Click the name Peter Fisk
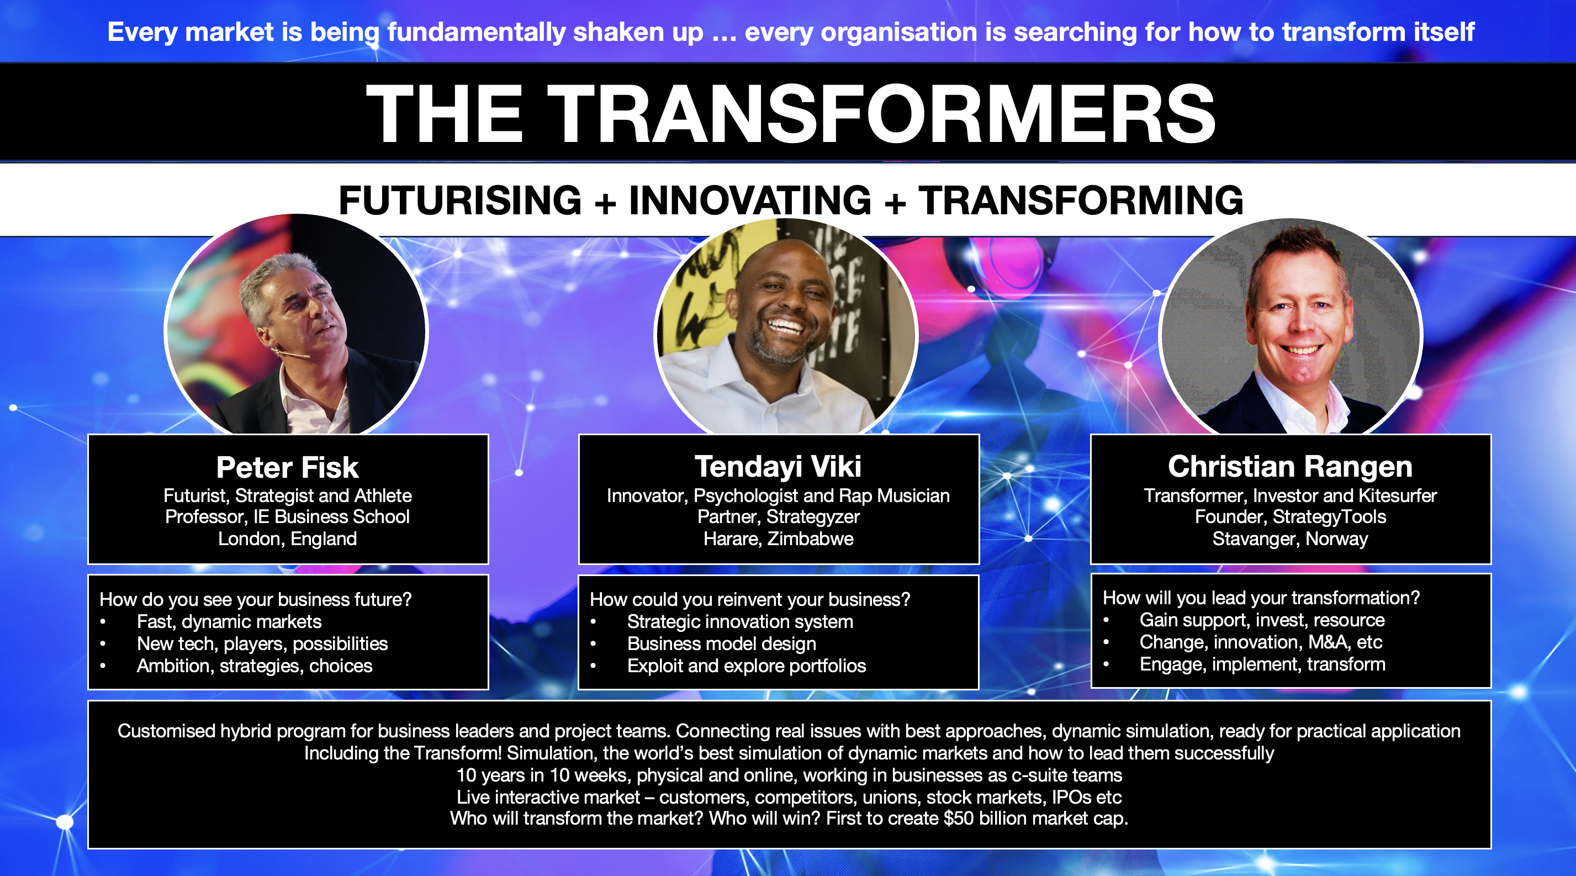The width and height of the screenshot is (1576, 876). [288, 467]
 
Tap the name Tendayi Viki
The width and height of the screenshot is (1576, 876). [778, 466]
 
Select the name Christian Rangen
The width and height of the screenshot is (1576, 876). [1291, 466]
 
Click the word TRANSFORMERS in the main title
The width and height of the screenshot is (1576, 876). [881, 114]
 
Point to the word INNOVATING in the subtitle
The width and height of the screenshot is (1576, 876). [750, 200]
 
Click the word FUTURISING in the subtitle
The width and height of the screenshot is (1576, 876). [459, 200]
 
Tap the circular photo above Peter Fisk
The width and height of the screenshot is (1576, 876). [296, 324]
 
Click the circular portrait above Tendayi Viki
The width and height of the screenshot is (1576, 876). [786, 328]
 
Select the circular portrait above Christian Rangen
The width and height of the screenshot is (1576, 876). [1291, 328]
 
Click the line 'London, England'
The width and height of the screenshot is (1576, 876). [288, 539]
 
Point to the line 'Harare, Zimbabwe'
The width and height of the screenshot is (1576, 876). [778, 539]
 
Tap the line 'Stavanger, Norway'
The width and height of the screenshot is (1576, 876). [1291, 539]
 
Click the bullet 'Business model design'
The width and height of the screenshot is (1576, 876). [721, 643]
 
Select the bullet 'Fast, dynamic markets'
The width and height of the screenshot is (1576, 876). [229, 621]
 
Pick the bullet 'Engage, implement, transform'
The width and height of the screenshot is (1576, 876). [1262, 664]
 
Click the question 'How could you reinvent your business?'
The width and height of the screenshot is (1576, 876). [750, 599]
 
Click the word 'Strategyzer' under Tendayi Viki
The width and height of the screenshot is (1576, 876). [813, 517]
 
